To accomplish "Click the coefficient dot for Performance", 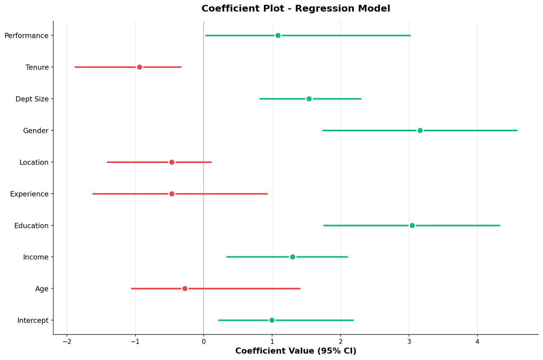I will tap(278, 36).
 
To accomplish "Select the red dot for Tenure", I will tap(140, 67).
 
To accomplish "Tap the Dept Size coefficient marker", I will tap(309, 99).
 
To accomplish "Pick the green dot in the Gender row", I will tap(420, 130).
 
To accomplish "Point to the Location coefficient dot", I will tap(172, 162).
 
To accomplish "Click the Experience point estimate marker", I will tap(172, 194).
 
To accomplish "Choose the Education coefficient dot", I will tap(412, 225).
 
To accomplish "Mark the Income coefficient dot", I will tap(292, 257).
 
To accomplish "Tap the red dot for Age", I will tap(185, 289).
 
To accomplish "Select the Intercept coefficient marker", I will tap(272, 320).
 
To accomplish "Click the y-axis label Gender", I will tap(36, 131).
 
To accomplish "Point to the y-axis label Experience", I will tap(29, 194).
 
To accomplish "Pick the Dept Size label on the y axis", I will tap(32, 99).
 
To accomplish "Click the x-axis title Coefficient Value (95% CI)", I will tap(296, 352).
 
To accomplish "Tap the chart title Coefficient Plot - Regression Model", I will tap(296, 9).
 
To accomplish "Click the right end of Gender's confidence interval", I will tap(517, 130).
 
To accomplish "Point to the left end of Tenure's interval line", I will tap(75, 67).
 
